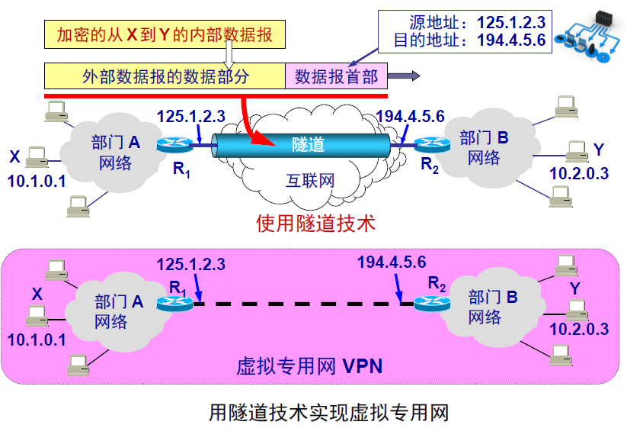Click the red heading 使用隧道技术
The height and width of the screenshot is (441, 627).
click(315, 223)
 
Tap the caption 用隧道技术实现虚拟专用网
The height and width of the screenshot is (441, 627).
click(329, 413)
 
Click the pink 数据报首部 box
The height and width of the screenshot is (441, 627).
click(337, 76)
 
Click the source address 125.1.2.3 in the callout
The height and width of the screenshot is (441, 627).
click(511, 22)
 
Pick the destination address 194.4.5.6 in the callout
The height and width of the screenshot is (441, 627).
click(511, 40)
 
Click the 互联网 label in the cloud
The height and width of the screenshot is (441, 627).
click(310, 181)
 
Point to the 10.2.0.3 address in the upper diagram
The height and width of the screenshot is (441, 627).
click(579, 172)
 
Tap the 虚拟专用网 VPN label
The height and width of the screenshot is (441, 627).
click(309, 366)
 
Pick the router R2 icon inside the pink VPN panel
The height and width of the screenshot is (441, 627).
click(431, 304)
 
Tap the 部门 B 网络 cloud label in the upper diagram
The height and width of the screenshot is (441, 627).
click(484, 148)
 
